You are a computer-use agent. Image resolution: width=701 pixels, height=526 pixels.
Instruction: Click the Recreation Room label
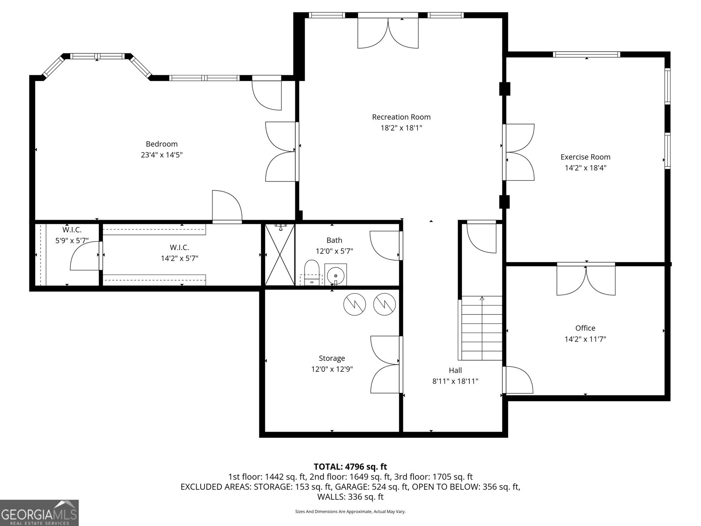pyautogui.click(x=401, y=117)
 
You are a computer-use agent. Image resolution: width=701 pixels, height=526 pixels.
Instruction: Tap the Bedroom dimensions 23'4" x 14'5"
pyautogui.click(x=162, y=155)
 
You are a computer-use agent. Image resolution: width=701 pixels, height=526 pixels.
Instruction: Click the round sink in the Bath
pyautogui.click(x=336, y=275)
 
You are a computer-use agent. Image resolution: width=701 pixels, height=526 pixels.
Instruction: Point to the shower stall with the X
pyautogui.click(x=280, y=255)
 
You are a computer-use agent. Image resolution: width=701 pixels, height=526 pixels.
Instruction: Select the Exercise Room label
pyautogui.click(x=585, y=157)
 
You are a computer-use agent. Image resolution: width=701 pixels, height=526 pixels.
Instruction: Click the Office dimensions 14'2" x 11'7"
pyautogui.click(x=585, y=339)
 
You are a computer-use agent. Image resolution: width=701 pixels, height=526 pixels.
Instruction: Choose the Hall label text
pyautogui.click(x=455, y=370)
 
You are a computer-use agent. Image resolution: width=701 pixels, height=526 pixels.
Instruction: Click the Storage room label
pyautogui.click(x=332, y=358)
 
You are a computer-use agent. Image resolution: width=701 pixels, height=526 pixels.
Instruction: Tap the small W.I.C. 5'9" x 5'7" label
pyautogui.click(x=72, y=235)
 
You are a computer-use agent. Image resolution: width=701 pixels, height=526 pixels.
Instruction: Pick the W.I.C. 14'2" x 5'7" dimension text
pyautogui.click(x=179, y=259)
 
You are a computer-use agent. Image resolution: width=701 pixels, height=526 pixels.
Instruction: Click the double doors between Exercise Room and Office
pyautogui.click(x=586, y=279)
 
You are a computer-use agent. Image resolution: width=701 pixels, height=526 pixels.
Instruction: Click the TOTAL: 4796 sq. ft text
pyautogui.click(x=350, y=467)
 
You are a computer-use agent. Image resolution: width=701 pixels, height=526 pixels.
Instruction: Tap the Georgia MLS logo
pyautogui.click(x=39, y=512)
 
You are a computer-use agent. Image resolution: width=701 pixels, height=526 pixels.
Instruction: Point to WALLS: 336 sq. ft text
pyautogui.click(x=350, y=497)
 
